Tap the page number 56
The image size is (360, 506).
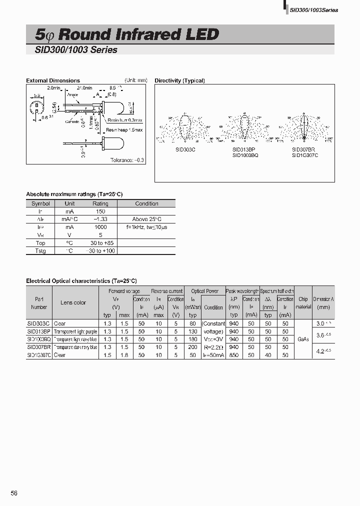[14, 493]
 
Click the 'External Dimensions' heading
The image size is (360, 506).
[53, 80]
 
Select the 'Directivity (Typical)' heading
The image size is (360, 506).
[180, 80]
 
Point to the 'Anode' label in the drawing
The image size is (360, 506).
[72, 94]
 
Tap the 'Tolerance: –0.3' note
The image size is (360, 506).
[127, 160]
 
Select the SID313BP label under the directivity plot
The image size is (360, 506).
[244, 149]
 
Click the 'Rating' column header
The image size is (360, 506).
[100, 203]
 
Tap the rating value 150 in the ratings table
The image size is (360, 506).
[100, 211]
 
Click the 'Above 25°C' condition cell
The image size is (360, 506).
[146, 219]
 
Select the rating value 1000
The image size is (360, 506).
[100, 227]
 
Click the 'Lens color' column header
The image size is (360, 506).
[73, 302]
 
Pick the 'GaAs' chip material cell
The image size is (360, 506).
[303, 338]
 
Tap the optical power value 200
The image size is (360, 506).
[192, 346]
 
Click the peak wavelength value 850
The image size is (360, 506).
[234, 354]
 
